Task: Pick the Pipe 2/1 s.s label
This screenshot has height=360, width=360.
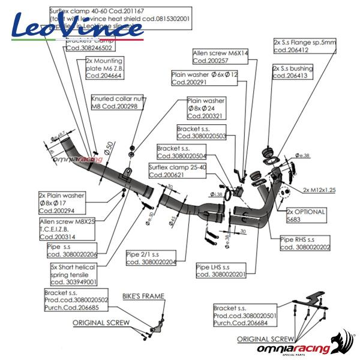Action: (151, 258)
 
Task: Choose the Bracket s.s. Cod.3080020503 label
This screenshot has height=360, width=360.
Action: (202, 133)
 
